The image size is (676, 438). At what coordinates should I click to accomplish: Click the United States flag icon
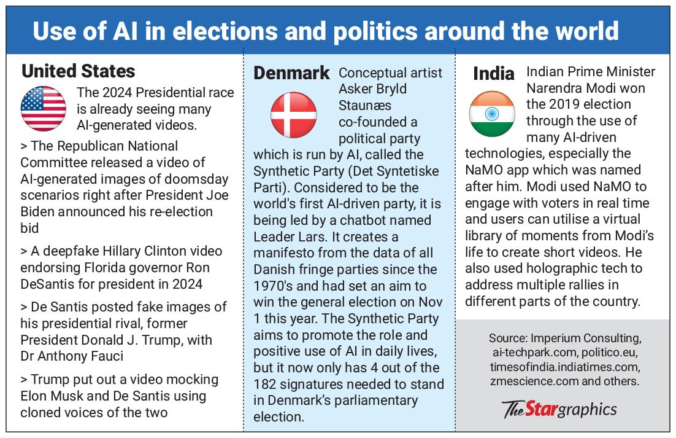pyautogui.click(x=44, y=109)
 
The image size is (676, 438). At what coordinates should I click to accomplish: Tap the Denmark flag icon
pyautogui.click(x=294, y=115)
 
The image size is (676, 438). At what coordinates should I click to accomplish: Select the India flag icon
pyautogui.click(x=492, y=114)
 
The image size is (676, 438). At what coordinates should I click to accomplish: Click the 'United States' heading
pyautogui.click(x=79, y=71)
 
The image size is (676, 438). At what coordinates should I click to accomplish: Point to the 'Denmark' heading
pyautogui.click(x=292, y=73)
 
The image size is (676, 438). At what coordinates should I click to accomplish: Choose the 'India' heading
pyautogui.click(x=494, y=74)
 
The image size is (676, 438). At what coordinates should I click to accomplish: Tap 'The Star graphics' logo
pyautogui.click(x=559, y=409)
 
